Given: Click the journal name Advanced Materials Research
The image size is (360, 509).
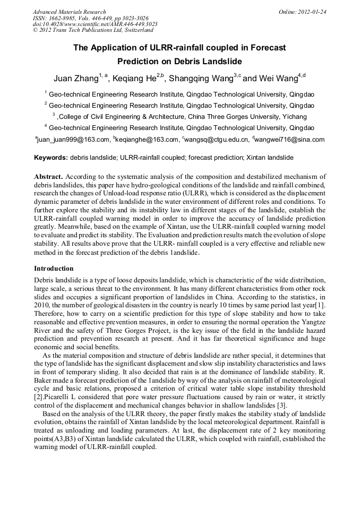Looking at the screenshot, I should point(69,12).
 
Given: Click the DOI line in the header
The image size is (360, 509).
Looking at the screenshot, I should point(95,24).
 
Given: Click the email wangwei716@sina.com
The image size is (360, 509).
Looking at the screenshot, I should point(290,140).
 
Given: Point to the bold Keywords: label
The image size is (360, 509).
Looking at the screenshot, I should point(51,158).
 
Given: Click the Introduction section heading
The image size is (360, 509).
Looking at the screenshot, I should point(54,269).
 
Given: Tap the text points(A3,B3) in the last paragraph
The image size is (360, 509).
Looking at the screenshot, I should point(58,439).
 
